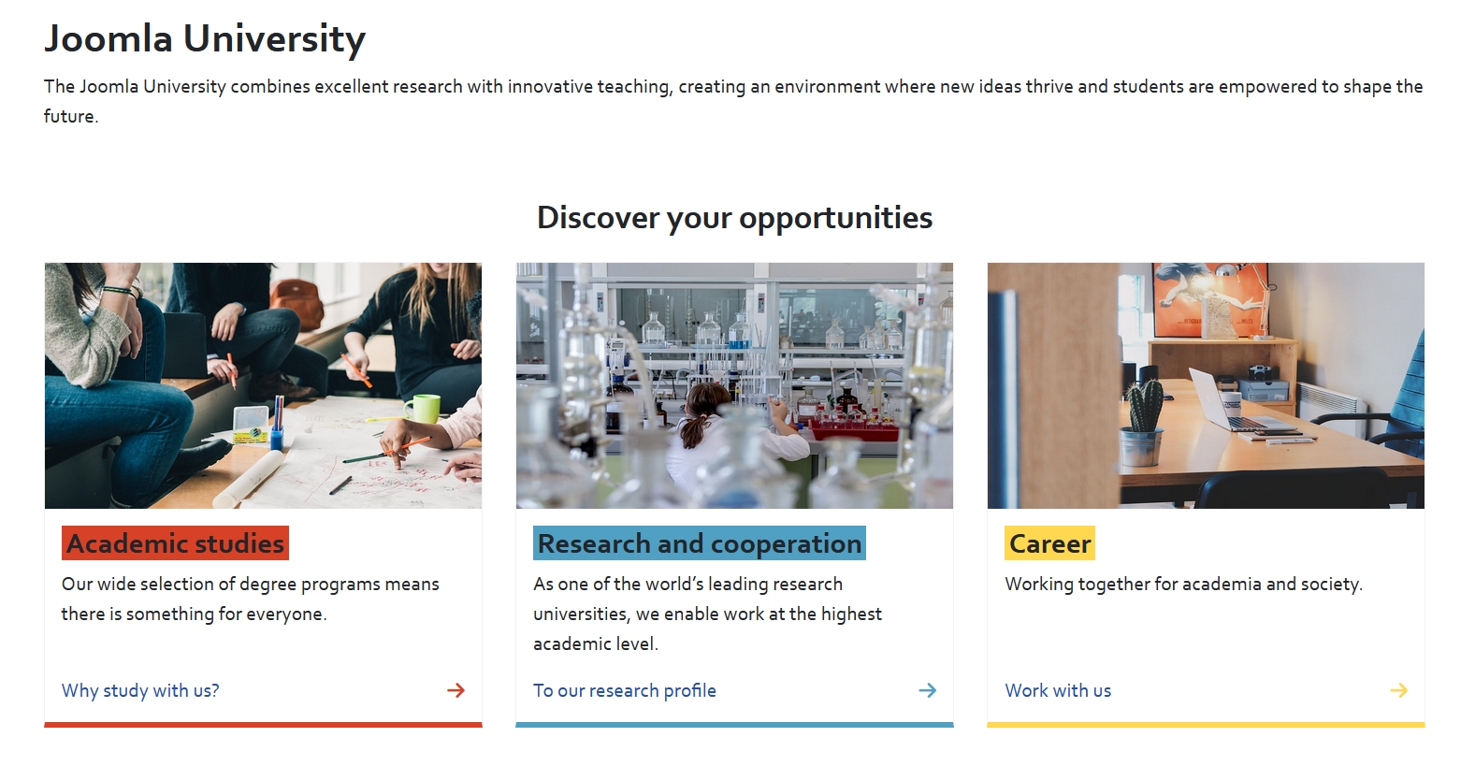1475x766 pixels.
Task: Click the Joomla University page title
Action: [205, 39]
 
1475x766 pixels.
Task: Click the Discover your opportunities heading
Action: [735, 218]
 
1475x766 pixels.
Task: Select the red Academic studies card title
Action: [175, 543]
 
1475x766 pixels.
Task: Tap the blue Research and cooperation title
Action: [700, 543]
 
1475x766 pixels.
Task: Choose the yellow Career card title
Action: [1049, 543]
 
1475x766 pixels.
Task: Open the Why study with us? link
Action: [140, 690]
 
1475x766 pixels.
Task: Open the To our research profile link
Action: [624, 690]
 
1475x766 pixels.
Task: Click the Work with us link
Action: [1058, 690]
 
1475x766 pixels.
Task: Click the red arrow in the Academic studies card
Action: [456, 690]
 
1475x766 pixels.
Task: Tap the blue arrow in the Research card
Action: [927, 690]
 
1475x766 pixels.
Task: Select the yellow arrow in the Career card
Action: [1398, 690]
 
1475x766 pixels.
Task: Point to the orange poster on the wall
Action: [1210, 299]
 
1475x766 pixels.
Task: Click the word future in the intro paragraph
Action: [69, 117]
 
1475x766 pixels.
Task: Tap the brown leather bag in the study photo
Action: [297, 303]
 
